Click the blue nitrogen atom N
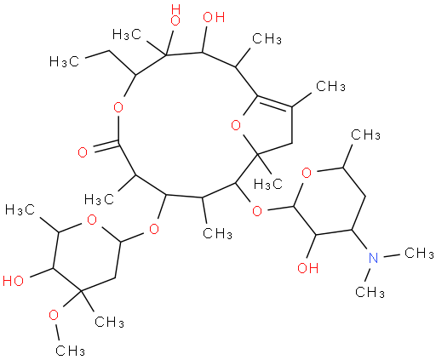(373, 258)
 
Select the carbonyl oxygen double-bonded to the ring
(83, 152)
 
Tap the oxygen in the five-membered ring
(236, 125)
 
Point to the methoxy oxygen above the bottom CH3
(54, 315)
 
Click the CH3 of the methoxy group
(70, 351)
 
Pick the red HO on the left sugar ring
(13, 281)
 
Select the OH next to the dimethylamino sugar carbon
(308, 268)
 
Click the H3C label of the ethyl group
(64, 61)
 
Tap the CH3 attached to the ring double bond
(330, 86)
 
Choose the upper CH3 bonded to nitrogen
(419, 253)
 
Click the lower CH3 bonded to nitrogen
(370, 292)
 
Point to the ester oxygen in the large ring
(118, 107)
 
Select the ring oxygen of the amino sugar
(307, 173)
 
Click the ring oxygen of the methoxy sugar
(92, 220)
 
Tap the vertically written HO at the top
(175, 15)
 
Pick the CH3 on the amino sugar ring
(365, 135)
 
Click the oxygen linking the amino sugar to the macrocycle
(257, 211)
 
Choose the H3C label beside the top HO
(127, 35)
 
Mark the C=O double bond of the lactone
(106, 147)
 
